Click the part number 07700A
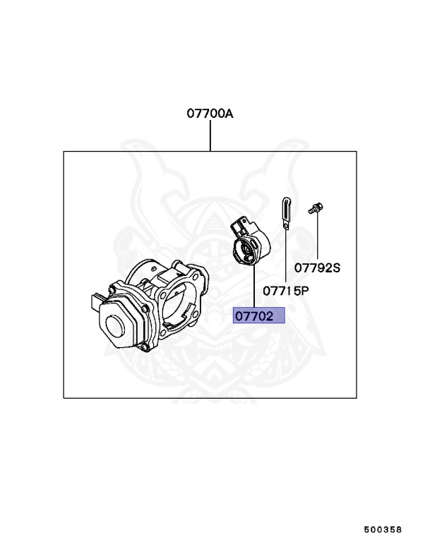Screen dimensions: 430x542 210,114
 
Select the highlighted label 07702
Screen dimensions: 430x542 258,315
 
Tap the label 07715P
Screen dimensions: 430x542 286,291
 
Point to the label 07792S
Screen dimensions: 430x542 317,268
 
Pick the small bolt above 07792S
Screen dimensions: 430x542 316,208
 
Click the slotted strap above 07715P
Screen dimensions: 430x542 286,213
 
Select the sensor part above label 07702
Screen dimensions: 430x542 251,241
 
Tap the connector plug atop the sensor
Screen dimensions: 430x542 239,225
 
